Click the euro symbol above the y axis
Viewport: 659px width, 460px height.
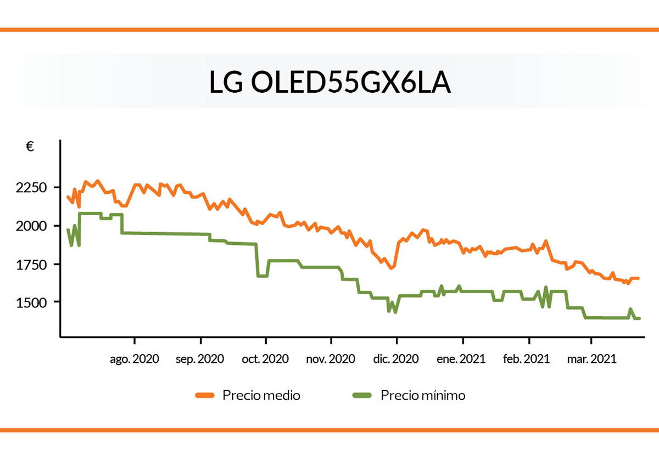tap(30, 147)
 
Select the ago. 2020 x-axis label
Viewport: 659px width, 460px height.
tap(134, 360)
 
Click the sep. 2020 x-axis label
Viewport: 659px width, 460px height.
tap(200, 360)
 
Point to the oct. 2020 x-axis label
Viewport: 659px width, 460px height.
tap(266, 360)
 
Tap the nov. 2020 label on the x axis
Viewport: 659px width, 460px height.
tap(331, 360)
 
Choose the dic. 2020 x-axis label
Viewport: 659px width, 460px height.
tap(396, 360)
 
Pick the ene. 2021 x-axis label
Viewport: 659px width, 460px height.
tap(462, 360)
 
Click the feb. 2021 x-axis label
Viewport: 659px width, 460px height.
tap(527, 360)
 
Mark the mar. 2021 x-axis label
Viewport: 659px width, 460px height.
tap(591, 360)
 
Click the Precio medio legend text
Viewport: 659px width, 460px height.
tap(261, 395)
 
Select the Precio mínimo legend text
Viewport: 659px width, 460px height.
tap(423, 395)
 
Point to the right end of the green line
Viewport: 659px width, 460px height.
tap(639, 318)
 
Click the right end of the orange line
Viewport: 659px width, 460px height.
tap(638, 278)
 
